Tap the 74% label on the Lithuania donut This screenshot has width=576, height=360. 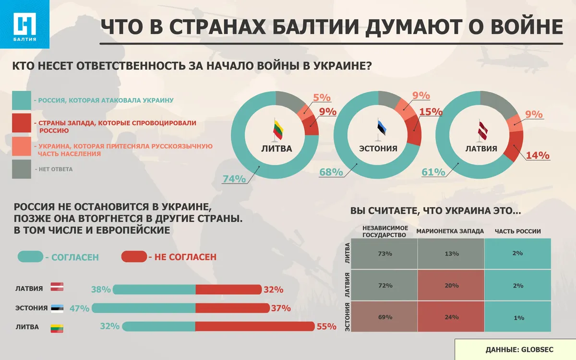point(234,179)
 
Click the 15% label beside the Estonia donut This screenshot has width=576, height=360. point(431,112)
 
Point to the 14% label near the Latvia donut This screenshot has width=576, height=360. point(537,155)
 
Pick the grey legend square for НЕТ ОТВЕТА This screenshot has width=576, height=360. point(21,169)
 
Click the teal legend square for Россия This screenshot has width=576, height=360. point(21,100)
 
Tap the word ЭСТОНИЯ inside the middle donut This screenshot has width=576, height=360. point(378,148)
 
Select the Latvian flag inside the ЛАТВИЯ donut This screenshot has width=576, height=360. point(480,130)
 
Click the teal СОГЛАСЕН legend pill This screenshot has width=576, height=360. point(30,257)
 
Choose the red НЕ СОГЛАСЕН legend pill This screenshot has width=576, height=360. point(133,257)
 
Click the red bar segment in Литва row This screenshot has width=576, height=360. point(254,326)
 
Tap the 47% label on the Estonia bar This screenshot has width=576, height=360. point(80,308)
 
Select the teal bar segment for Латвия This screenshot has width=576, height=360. point(154,289)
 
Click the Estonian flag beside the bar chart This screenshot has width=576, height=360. point(57,309)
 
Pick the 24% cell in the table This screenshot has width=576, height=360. point(451,317)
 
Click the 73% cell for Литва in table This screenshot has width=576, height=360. point(385,253)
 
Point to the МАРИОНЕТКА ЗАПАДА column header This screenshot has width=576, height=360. point(450,231)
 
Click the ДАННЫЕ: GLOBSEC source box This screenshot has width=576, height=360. point(515,349)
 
